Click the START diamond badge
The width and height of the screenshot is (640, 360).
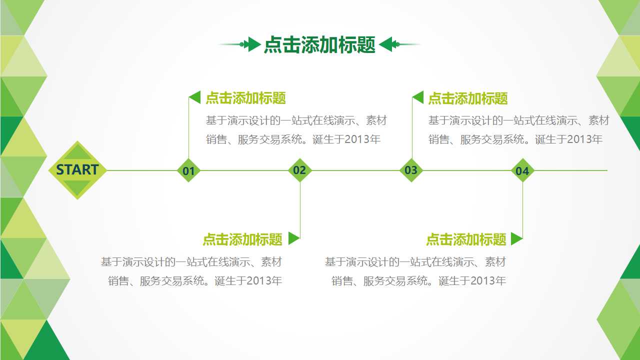(77, 170)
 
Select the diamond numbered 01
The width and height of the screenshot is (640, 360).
(188, 170)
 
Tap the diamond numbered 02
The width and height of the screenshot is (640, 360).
(299, 170)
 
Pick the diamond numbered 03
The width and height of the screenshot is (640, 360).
(411, 170)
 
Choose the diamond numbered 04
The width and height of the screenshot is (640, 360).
(522, 170)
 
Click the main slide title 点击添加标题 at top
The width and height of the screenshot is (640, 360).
(319, 45)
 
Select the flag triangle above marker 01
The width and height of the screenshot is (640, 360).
(195, 97)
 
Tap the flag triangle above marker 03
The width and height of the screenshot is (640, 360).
(418, 97)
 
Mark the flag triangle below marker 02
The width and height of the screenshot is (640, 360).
(293, 238)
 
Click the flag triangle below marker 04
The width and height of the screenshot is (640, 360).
(516, 238)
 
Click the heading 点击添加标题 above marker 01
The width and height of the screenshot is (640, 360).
(245, 98)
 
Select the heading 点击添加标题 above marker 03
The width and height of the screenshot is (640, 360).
(468, 98)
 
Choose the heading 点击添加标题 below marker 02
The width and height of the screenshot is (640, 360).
(242, 239)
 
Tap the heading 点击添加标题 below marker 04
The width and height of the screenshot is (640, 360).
(466, 239)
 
